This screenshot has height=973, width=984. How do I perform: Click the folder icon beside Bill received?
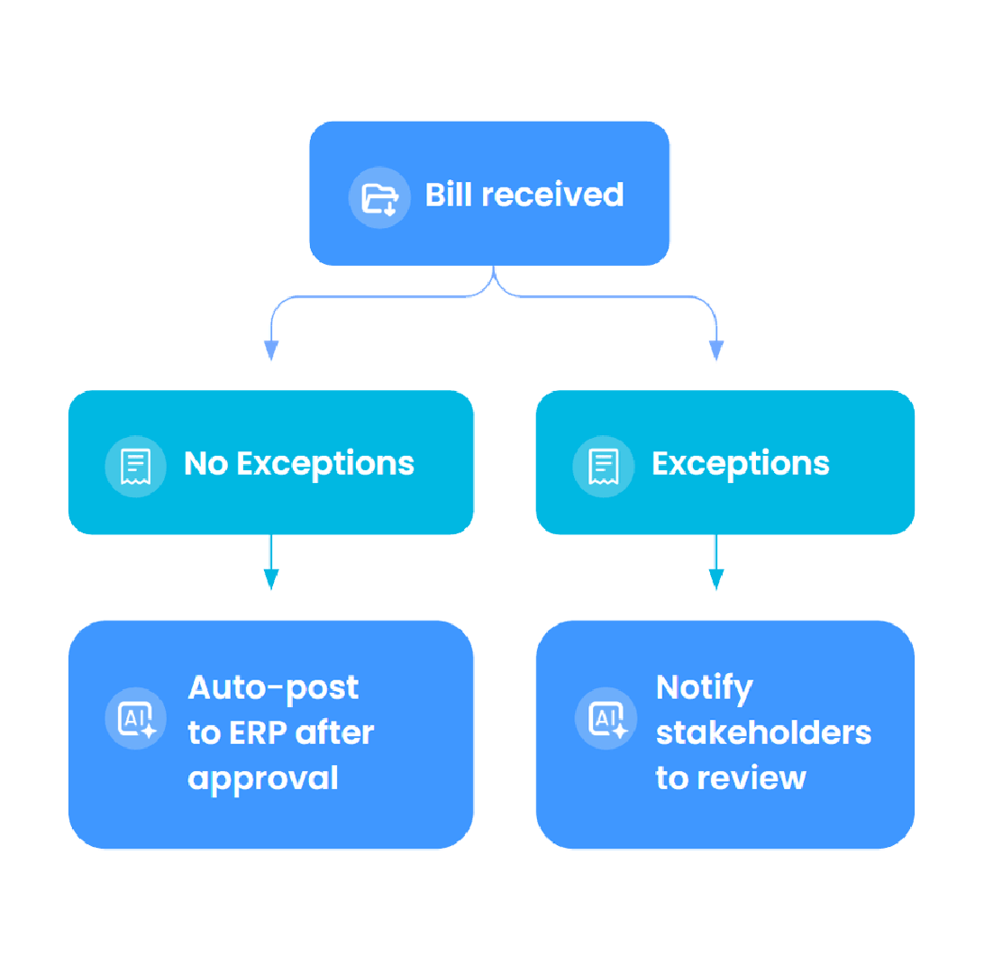tap(379, 197)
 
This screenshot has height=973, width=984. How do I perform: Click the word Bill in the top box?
tap(449, 195)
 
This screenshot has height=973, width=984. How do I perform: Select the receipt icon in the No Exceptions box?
tap(136, 466)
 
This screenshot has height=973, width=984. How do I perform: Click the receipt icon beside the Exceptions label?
tap(604, 466)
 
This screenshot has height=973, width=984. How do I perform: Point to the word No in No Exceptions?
tap(205, 464)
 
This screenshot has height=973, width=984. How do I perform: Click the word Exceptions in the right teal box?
tap(740, 464)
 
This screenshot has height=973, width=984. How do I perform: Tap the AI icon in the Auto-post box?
tap(136, 718)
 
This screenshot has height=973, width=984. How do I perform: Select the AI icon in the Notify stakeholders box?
tap(606, 718)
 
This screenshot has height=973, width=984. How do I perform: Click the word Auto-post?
tap(273, 688)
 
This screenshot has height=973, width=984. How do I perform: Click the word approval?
tap(263, 777)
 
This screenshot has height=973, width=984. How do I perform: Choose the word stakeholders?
tap(763, 732)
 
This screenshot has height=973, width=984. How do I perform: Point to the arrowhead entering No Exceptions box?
tap(270, 350)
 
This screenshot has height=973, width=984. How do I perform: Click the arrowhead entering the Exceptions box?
tap(716, 350)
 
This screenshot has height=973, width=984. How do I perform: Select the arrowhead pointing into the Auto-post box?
tap(270, 579)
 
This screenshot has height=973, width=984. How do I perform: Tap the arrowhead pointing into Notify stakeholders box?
tap(716, 579)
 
